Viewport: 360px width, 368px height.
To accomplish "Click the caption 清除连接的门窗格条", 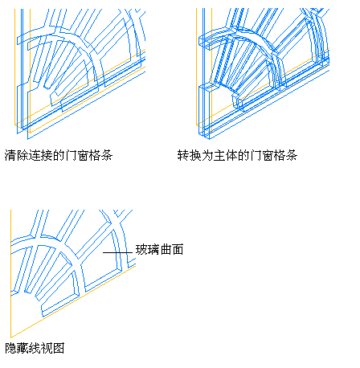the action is [x=59, y=155].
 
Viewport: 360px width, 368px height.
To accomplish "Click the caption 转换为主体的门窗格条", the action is [x=237, y=155].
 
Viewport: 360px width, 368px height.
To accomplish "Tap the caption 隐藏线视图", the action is [x=35, y=348].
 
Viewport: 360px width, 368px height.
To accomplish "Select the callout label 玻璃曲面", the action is [x=159, y=249].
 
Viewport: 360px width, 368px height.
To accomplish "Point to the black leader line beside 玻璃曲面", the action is [x=117, y=252].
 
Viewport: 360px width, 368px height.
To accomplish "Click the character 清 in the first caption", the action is [x=10, y=155].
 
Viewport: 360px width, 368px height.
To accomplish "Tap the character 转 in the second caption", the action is [x=183, y=155].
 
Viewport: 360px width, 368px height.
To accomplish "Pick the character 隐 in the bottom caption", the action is [x=10, y=348].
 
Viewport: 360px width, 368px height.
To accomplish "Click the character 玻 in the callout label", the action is [x=141, y=249].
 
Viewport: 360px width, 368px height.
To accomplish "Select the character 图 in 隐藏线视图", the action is [x=59, y=348].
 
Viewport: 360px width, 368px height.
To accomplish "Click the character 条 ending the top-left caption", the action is [x=107, y=155].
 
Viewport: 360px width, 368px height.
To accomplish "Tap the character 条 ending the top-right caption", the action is [x=292, y=155].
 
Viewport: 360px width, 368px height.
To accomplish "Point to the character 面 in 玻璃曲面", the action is [x=178, y=249].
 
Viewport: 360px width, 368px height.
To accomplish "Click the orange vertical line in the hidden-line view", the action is [x=10, y=273].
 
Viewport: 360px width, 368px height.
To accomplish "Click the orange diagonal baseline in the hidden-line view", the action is [x=73, y=301].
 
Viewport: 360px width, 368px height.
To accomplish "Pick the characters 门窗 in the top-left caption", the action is [x=77, y=155].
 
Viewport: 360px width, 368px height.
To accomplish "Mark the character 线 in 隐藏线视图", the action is [x=35, y=348].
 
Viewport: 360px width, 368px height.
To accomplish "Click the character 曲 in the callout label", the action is [x=166, y=249].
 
